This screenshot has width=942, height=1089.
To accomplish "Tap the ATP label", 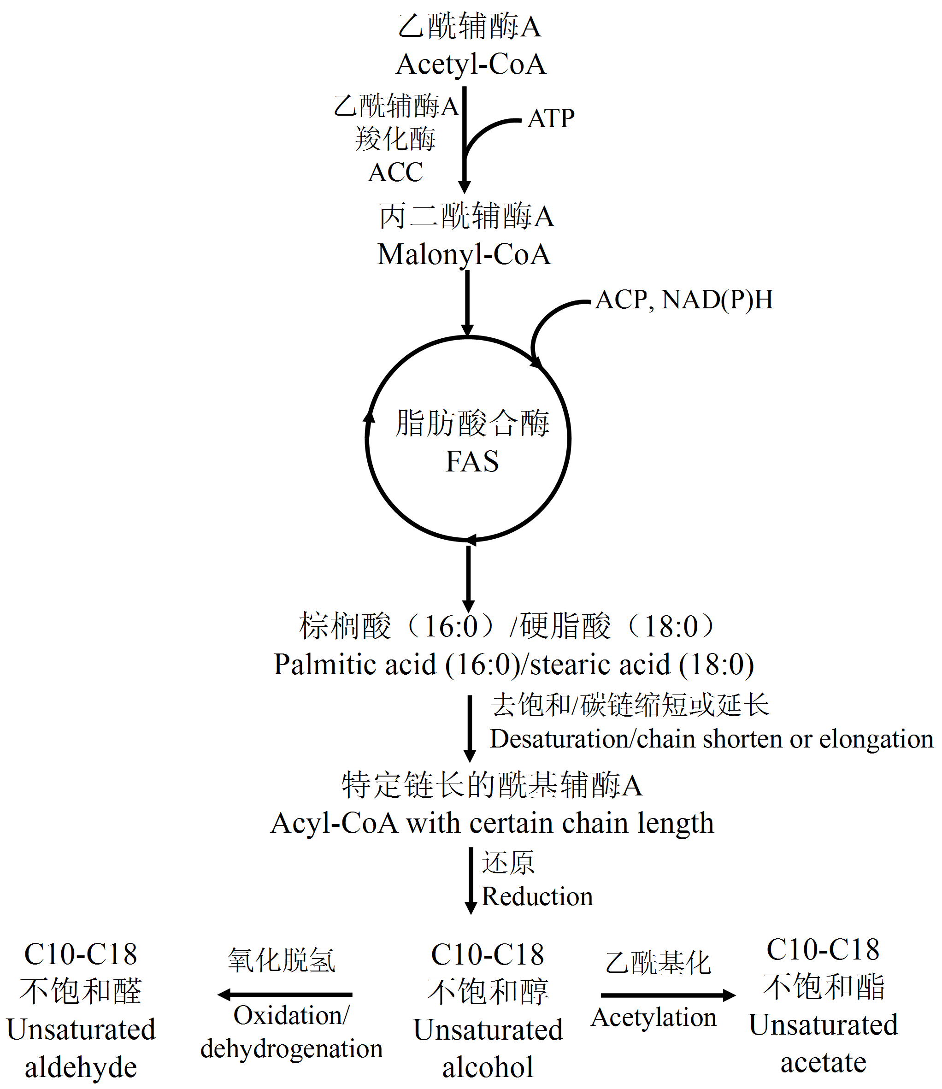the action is (551, 119).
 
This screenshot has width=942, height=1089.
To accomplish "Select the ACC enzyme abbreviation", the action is (396, 172).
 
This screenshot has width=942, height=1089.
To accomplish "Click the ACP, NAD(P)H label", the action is (684, 300).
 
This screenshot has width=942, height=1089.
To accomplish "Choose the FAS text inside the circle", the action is (472, 461).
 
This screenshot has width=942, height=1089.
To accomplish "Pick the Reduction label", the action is (537, 897).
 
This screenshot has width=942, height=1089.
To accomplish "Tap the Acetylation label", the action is (654, 1018).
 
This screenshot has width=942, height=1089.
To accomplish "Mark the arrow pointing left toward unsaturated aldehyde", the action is (285, 995).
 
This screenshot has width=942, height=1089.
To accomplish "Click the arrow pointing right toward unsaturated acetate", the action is (668, 995).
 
